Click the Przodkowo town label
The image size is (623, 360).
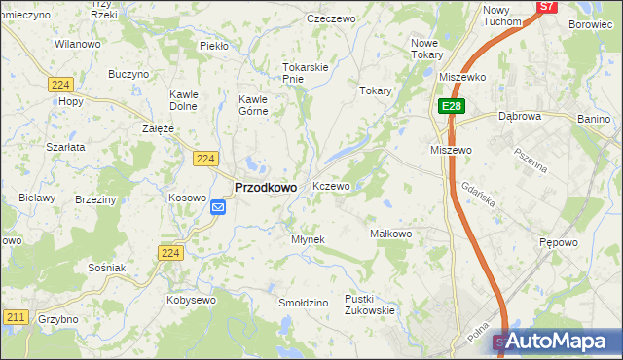266,187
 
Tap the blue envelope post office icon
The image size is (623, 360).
217,206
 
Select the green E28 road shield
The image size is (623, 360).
451,106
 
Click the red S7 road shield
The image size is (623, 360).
547,6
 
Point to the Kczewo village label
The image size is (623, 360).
331,185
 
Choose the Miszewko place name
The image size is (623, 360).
462,76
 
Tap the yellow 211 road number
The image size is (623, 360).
15,317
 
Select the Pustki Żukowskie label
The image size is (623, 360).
369,305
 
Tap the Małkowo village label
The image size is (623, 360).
391,234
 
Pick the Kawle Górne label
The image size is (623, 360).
260,105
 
